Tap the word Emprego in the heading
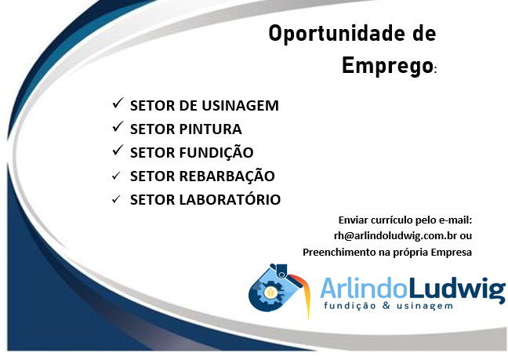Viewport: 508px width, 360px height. [387, 66]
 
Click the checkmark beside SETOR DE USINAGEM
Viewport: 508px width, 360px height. [118, 103]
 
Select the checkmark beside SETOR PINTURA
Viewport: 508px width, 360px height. [118, 127]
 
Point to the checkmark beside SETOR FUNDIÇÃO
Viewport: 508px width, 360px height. [118, 150]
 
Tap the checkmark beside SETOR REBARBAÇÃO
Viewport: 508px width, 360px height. [116, 176]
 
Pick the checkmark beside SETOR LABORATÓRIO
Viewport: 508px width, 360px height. [116, 199]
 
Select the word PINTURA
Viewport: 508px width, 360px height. [211, 129]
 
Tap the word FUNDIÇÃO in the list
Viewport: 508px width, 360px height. [216, 151]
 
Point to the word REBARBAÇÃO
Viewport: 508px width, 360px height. [227, 176]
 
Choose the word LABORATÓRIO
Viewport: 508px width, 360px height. [230, 198]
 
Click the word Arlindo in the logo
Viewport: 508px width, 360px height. [363, 288]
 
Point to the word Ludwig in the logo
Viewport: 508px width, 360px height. [455, 290]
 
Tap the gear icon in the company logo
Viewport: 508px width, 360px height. [270, 293]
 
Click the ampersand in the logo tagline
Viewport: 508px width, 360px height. [386, 305]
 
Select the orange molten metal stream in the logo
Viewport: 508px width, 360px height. [303, 293]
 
